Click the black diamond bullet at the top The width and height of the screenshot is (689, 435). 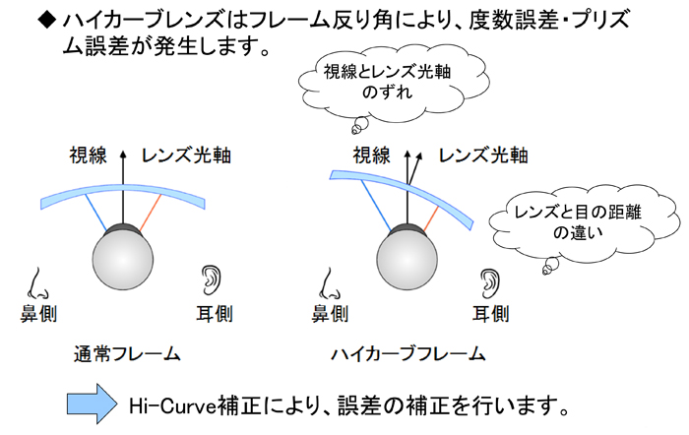47,20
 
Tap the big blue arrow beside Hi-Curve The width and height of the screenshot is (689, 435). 92,404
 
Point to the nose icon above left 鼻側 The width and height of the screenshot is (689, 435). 37,283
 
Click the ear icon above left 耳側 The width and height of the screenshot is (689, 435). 211,280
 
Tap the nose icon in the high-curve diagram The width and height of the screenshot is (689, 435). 330,283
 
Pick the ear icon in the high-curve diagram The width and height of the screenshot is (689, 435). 490,283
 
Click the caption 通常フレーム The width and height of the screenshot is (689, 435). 127,354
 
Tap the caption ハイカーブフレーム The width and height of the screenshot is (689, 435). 408,354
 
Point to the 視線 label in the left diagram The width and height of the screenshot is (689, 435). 89,155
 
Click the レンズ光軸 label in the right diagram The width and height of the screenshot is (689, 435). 483,155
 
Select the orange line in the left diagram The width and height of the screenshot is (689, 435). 151,213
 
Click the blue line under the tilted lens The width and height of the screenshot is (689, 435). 376,206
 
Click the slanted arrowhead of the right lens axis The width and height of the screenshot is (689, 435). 419,156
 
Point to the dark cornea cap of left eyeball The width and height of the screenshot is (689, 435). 123,229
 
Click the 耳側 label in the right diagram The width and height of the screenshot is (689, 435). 491,314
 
